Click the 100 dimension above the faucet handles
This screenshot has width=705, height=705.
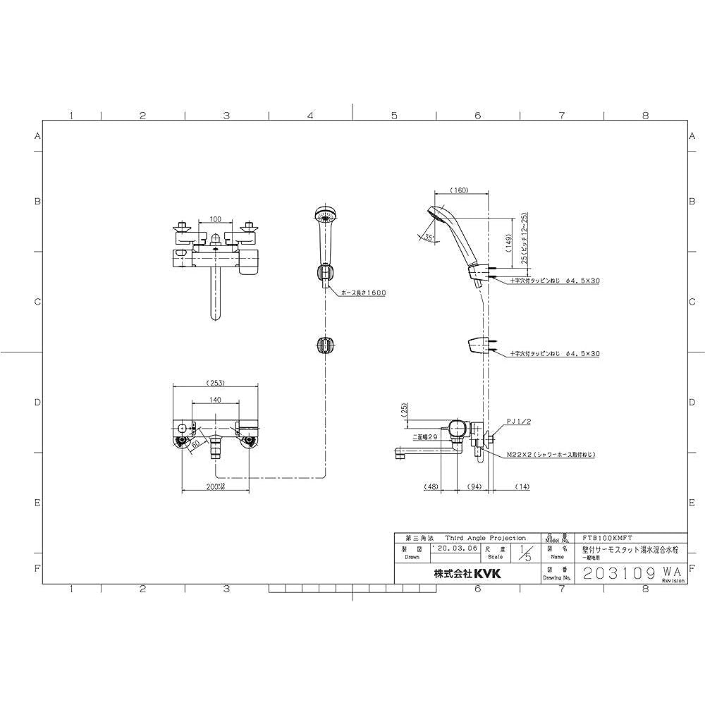point(215,221)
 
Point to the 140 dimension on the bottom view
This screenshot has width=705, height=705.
point(215,400)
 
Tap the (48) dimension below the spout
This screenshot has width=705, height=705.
point(433,486)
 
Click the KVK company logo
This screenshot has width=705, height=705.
point(486,575)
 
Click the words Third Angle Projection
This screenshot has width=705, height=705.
point(485,537)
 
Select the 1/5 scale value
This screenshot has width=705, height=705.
point(522,551)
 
